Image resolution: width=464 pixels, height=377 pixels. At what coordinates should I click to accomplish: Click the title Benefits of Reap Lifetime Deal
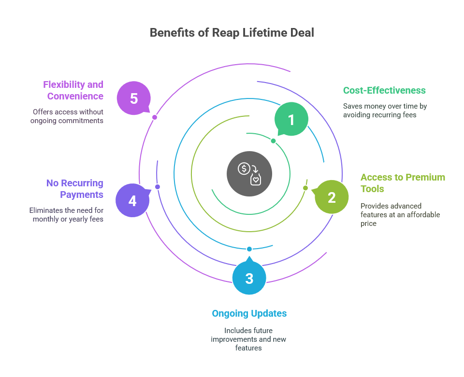232,33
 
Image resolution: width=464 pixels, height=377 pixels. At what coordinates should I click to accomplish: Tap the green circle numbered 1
291,119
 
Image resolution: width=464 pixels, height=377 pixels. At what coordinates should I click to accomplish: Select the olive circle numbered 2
332,197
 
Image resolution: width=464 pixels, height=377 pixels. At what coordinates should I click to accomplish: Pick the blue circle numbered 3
249,278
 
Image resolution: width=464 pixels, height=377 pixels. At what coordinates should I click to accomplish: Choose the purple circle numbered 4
132,200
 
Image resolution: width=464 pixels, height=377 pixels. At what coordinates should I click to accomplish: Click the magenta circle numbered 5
134,98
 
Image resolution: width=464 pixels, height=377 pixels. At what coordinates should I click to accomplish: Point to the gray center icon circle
249,174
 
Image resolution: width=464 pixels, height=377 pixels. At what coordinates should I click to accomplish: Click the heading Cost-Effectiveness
384,90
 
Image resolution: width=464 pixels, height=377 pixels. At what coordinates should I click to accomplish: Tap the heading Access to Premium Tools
403,183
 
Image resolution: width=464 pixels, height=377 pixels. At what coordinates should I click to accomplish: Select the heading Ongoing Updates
249,313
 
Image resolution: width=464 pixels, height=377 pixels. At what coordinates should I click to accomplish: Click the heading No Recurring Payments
74,189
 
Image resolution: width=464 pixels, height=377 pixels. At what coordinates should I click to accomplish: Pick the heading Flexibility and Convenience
73,90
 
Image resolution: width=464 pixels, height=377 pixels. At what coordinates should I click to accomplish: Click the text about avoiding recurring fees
385,111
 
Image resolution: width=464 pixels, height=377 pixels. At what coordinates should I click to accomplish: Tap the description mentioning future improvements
248,339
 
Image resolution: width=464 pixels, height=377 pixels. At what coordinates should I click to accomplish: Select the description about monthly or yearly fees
66,215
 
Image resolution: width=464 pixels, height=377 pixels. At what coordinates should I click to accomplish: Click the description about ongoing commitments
67,116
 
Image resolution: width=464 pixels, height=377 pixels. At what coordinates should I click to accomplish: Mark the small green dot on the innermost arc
273,141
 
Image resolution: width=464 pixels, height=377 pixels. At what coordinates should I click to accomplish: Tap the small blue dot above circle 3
249,249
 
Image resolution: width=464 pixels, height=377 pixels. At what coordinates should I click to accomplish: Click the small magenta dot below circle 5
155,117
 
